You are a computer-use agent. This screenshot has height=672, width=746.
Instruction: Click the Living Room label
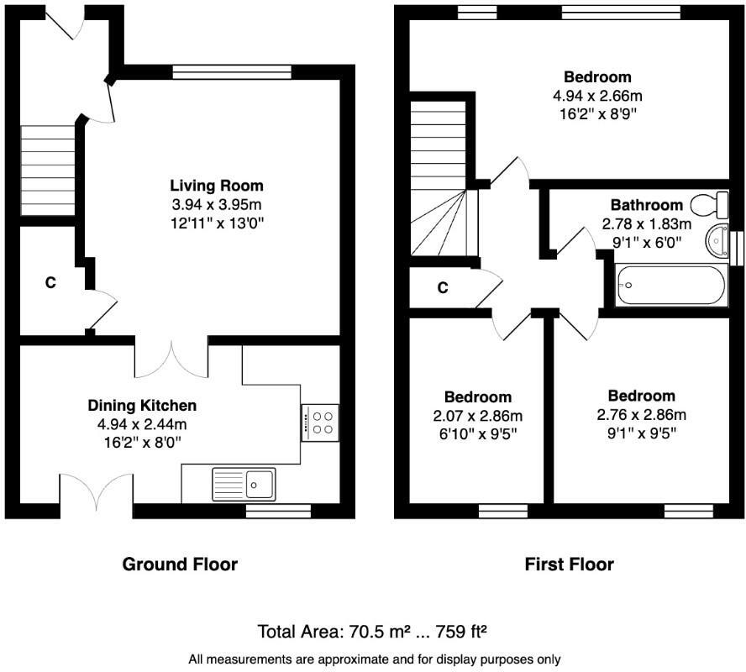(217, 186)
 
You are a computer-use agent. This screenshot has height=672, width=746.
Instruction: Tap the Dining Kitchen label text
(142, 406)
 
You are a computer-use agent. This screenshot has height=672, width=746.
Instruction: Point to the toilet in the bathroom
(708, 204)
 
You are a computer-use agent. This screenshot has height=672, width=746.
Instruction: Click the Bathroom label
(646, 205)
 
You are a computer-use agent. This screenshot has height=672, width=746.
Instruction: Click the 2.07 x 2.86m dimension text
(477, 416)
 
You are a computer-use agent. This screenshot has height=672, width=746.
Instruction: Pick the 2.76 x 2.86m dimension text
(641, 415)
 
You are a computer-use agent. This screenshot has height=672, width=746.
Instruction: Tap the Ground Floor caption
(180, 564)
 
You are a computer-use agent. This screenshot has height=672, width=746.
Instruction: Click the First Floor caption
(569, 564)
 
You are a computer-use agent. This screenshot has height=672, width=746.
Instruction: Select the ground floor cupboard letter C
(50, 283)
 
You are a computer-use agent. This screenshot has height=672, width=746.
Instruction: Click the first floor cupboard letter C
(443, 288)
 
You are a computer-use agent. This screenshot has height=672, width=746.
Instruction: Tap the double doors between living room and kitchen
(171, 359)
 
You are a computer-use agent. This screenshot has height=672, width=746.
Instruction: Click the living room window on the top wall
(232, 71)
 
